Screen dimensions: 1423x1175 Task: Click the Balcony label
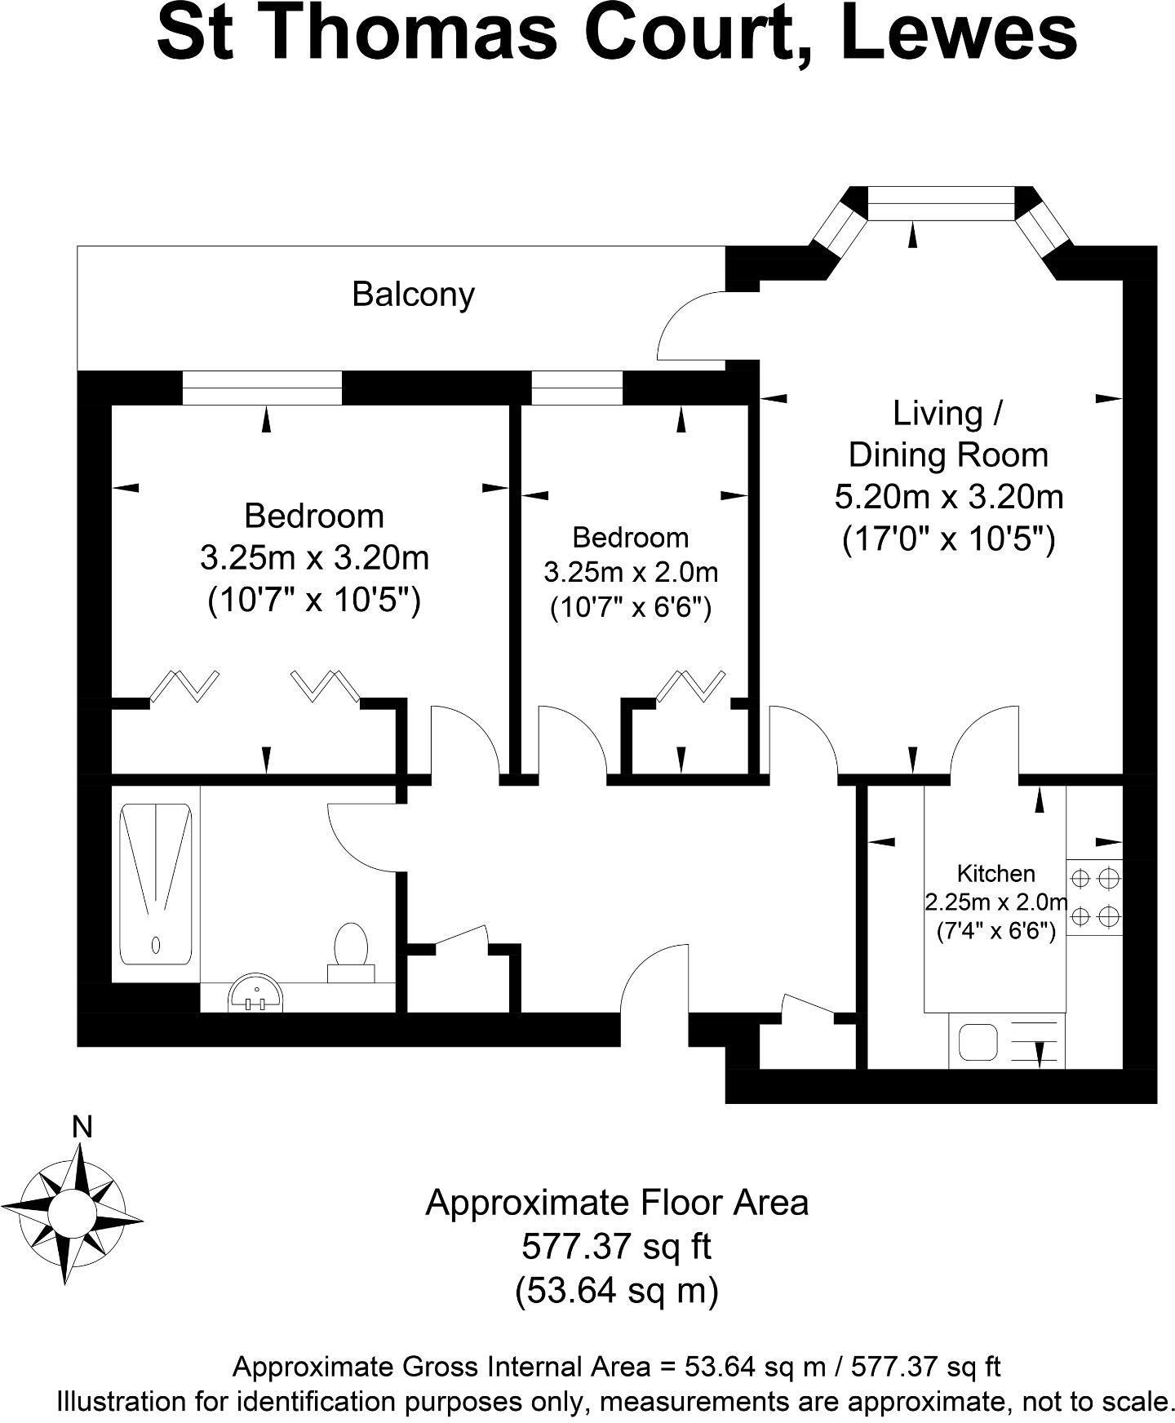(x=413, y=295)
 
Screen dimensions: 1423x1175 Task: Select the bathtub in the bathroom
(x=155, y=882)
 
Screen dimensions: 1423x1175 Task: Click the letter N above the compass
(x=82, y=1127)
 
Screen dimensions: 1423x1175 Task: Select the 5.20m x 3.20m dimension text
(x=948, y=496)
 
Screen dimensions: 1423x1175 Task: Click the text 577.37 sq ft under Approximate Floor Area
(x=616, y=1246)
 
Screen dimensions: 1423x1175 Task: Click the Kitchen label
(x=995, y=874)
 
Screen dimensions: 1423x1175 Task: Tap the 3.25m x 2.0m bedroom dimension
(x=631, y=572)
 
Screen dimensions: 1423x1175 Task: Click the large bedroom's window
(x=262, y=388)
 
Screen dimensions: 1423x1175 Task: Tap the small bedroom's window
(x=576, y=388)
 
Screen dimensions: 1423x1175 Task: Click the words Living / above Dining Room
(x=947, y=414)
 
